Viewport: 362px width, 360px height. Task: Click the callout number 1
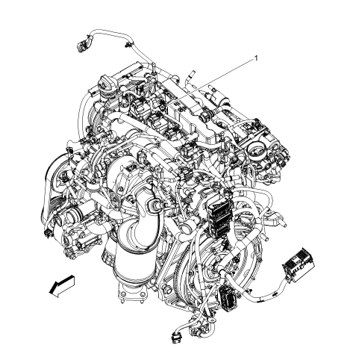[x=256, y=58]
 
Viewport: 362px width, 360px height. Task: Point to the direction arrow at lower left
[x=62, y=286]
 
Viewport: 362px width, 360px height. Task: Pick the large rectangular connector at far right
[x=299, y=265]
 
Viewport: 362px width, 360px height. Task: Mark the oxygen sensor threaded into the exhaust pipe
[x=156, y=205]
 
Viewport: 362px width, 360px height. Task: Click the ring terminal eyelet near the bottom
[x=211, y=320]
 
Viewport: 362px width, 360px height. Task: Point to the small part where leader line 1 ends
[x=162, y=108]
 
